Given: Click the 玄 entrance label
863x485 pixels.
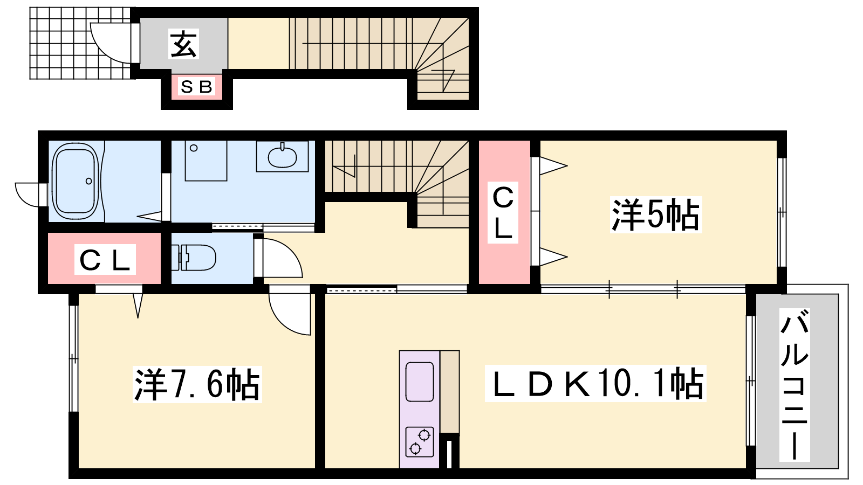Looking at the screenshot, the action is coord(183,44).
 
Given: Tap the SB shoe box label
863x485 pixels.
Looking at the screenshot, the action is coord(196,87).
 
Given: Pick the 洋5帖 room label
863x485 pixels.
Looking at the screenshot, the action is coord(656,214).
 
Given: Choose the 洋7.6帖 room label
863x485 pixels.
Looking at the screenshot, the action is coord(197,384).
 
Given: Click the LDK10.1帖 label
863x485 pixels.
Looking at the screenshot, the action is coord(595,383).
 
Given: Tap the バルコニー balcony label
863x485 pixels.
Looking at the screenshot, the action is coord(794,385).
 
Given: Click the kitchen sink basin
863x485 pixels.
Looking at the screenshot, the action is coord(420,382).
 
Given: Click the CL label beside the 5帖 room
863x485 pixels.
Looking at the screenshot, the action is coord(503,212).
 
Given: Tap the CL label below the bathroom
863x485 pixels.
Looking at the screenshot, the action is coord(105,259).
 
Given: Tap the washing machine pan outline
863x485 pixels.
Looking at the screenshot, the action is coord(206,161).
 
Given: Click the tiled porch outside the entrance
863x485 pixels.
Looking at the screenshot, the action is coord(81,43).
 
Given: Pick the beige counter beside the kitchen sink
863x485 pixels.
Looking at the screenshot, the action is coord(450,392).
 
